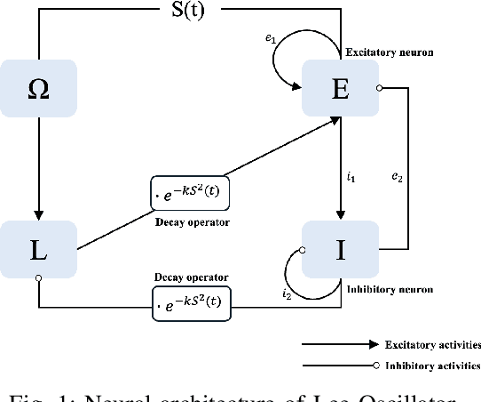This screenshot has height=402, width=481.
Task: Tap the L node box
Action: coord(38,249)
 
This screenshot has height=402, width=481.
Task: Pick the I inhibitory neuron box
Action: coord(340,249)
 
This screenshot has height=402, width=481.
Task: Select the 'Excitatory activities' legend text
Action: coord(432,344)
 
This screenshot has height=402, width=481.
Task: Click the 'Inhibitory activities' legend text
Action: coord(432,365)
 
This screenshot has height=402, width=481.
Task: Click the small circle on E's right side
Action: coord(380,87)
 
